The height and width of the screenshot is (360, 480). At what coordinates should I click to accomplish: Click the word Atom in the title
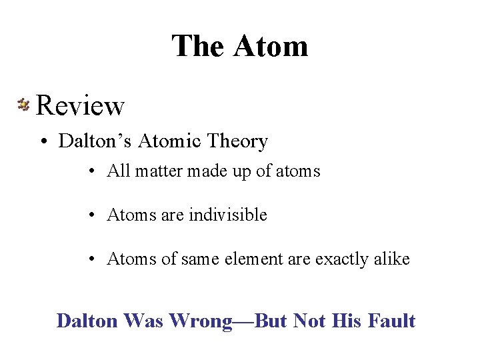click(271, 47)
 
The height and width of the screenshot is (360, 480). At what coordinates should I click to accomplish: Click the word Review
click(80, 105)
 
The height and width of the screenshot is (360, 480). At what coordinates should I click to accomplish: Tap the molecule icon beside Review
click(23, 104)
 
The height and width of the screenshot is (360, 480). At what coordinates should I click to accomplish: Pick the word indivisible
click(228, 215)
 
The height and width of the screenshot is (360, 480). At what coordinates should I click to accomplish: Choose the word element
click(278, 259)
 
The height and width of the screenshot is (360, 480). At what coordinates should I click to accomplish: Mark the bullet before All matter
click(92, 172)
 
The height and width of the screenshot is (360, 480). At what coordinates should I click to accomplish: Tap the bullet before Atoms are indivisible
click(92, 216)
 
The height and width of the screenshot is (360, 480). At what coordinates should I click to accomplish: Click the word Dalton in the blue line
click(86, 321)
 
